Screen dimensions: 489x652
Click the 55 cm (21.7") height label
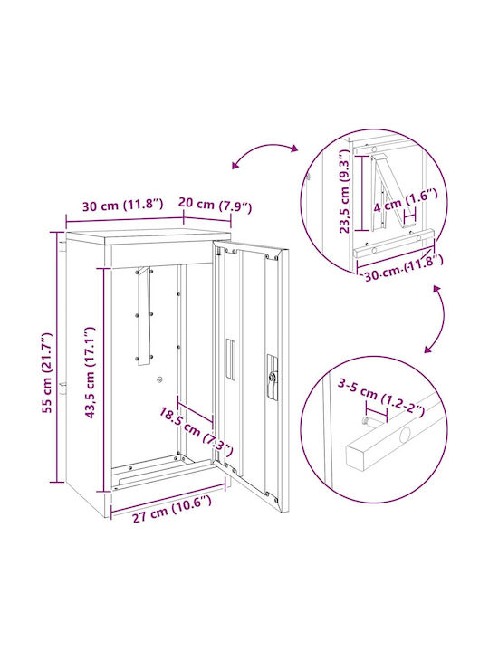[x=48, y=372]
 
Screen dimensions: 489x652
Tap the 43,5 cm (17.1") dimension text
[x=90, y=372]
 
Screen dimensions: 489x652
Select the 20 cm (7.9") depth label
[x=215, y=205]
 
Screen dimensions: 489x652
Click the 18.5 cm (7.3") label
[x=196, y=431]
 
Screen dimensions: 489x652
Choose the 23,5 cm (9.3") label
[x=345, y=194]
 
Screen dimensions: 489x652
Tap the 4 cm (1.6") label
[x=405, y=200]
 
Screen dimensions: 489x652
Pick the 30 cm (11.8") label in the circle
[x=403, y=269]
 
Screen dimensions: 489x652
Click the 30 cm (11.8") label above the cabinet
[x=122, y=205]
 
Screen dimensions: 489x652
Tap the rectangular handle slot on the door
[x=230, y=359]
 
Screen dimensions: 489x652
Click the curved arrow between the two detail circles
[x=442, y=320]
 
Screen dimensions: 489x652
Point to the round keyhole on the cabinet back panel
[x=159, y=379]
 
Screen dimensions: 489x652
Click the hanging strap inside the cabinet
[x=144, y=316]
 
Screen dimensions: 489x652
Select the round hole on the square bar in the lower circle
[x=405, y=436]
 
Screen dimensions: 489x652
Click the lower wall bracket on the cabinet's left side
[x=62, y=388]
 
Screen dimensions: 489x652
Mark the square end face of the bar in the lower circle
[x=356, y=458]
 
